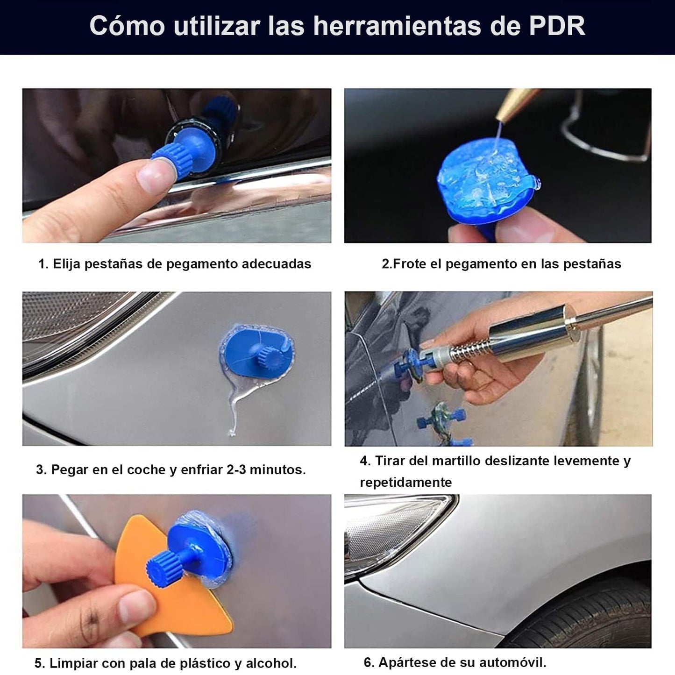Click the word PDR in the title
[557, 25]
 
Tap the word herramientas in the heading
[397, 25]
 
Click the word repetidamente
[406, 483]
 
